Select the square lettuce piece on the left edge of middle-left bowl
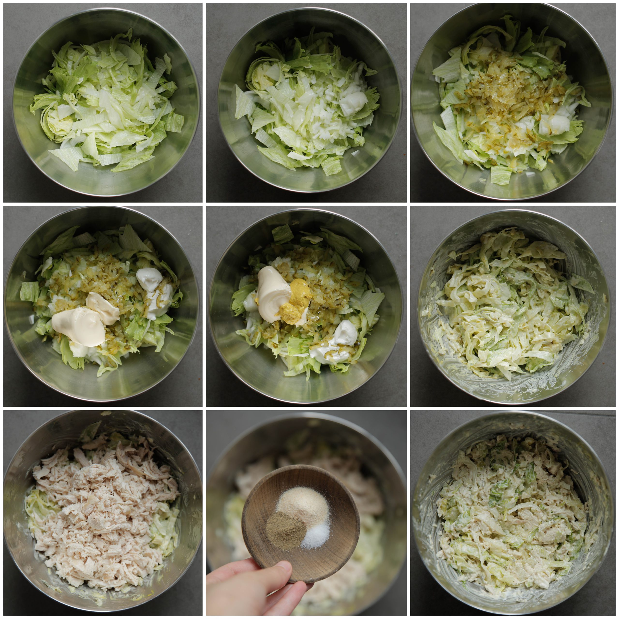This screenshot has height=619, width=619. point(29,292)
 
